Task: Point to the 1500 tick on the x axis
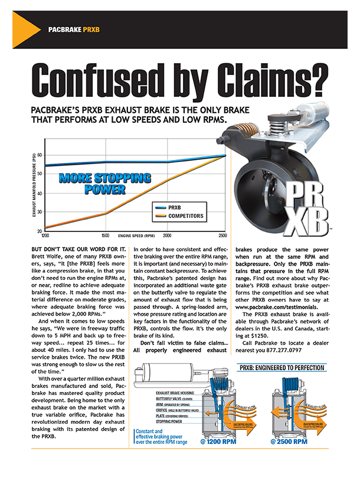coord(104,234)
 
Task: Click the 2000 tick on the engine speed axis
coord(167,234)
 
